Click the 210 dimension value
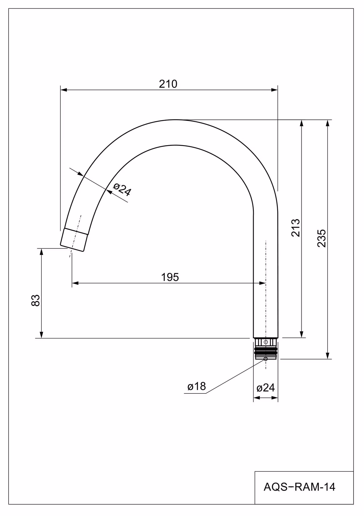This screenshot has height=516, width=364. (168, 84)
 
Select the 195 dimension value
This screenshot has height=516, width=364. (170, 277)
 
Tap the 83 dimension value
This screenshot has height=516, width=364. (36, 300)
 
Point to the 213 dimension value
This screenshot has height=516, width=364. (296, 228)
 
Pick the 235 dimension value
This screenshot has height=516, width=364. (322, 238)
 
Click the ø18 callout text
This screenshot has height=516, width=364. (197, 386)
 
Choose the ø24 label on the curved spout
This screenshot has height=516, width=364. (122, 189)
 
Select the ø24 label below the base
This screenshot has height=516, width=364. (266, 388)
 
